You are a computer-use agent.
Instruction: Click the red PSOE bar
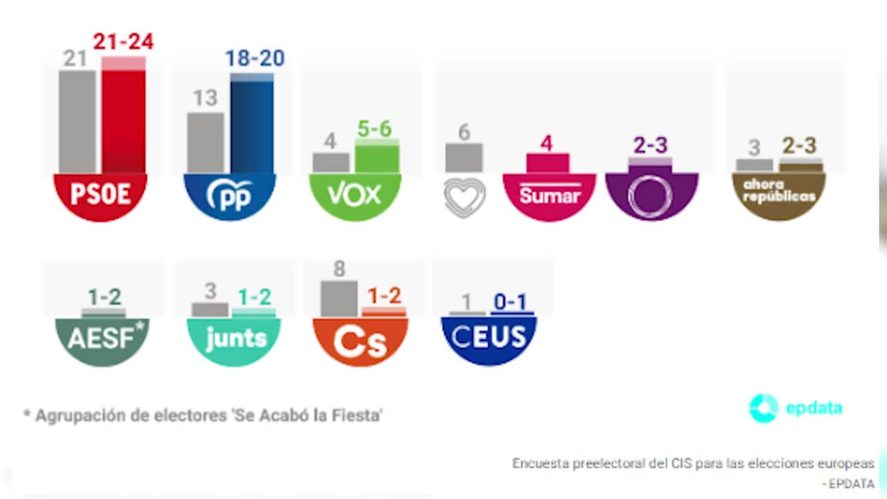click(x=123, y=120)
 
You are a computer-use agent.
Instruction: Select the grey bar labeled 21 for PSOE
click(x=77, y=122)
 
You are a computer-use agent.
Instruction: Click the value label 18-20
click(x=255, y=59)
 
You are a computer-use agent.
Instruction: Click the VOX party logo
click(x=354, y=195)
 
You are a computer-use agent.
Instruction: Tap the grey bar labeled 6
click(x=464, y=158)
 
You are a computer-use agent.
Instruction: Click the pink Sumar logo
click(x=549, y=195)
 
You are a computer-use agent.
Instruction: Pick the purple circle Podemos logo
click(x=650, y=195)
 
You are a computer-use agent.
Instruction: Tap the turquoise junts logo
click(x=234, y=339)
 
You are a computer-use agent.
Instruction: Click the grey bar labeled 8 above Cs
click(x=339, y=298)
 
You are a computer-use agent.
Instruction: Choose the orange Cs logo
click(x=360, y=341)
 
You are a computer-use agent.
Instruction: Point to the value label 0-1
click(x=510, y=302)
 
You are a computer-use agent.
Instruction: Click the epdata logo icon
click(x=763, y=408)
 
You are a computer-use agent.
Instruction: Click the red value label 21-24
click(x=123, y=42)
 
